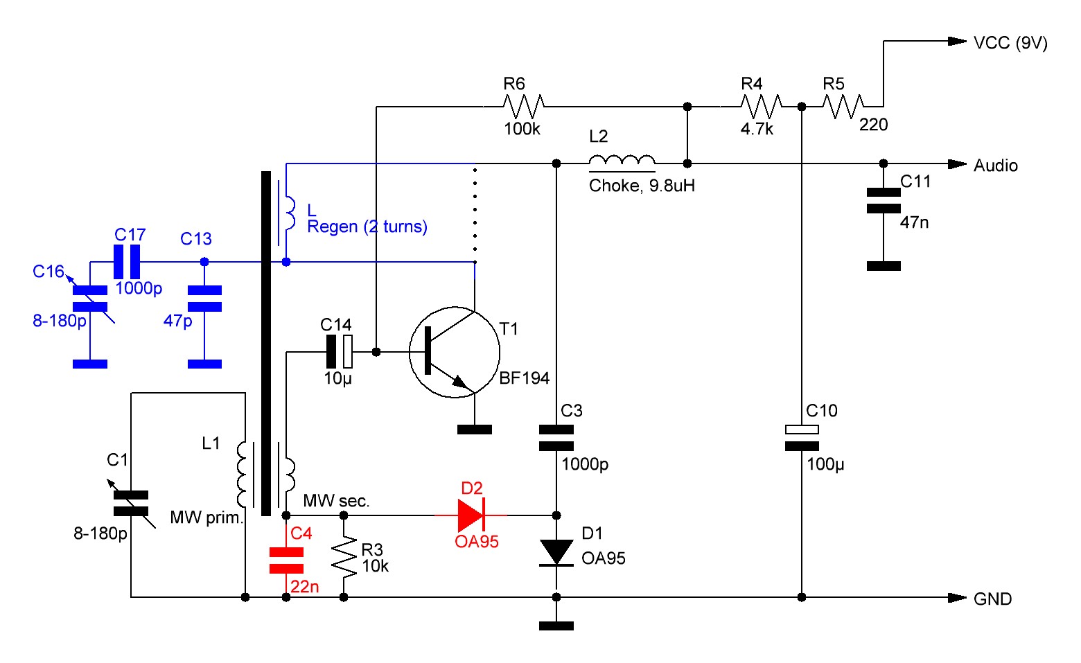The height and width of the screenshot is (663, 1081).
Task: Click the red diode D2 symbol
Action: [x=471, y=515]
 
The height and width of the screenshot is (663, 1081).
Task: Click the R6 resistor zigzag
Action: [x=523, y=106]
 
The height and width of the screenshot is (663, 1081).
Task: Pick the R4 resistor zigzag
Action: [x=761, y=106]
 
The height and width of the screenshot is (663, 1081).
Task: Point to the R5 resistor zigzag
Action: [x=843, y=106]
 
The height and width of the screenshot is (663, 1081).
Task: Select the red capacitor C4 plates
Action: [x=286, y=560]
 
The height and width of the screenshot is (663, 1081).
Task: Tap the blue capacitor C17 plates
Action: [x=127, y=262]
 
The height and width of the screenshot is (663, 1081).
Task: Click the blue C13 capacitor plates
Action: [x=204, y=298]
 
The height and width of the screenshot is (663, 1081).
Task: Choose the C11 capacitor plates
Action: [x=884, y=200]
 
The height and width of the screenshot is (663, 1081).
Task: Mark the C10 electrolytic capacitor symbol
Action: [x=802, y=438]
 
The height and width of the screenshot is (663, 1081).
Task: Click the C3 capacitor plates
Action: [x=556, y=438]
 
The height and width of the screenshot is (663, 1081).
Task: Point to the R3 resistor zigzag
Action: [x=344, y=556]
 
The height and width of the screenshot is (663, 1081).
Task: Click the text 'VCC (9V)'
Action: [x=1010, y=43]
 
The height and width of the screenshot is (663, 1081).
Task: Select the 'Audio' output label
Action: [x=996, y=166]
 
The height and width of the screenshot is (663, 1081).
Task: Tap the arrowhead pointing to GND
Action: [x=958, y=597]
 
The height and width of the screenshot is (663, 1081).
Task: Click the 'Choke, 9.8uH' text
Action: [x=642, y=186]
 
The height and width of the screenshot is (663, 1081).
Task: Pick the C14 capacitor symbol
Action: [x=340, y=352]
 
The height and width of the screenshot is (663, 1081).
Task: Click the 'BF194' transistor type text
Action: [x=524, y=378]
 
